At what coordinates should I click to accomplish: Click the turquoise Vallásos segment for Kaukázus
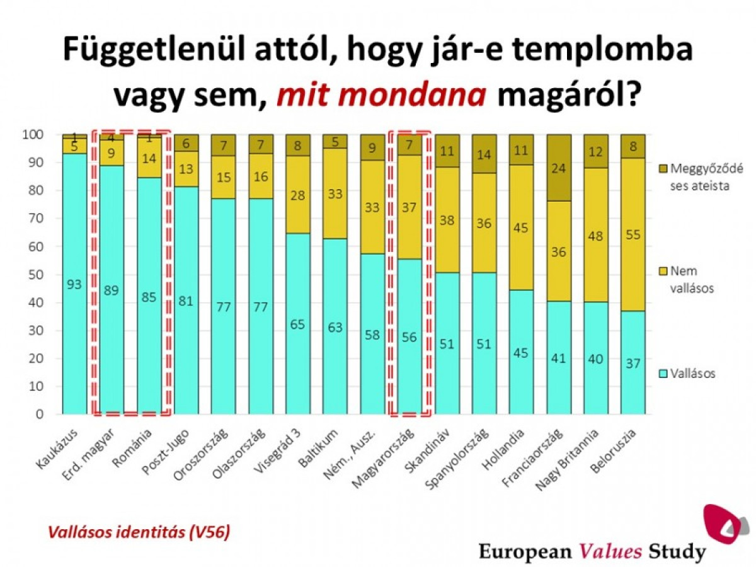click(74, 283)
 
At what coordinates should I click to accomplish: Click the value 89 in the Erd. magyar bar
click(112, 290)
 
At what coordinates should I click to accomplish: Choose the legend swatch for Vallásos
click(660, 374)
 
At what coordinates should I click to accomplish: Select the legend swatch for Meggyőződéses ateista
click(660, 168)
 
